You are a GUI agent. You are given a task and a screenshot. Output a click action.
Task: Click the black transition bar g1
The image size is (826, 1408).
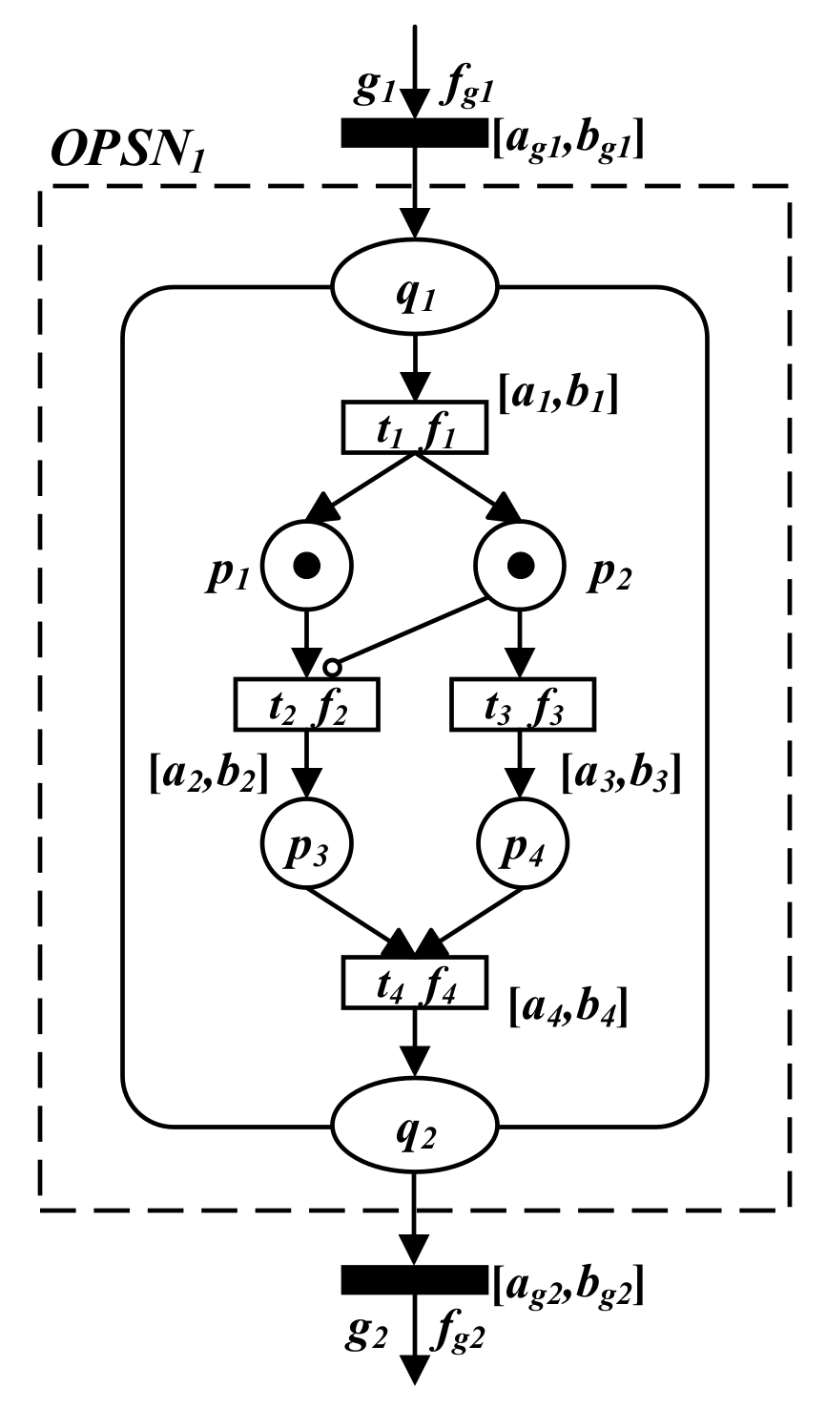click(x=414, y=134)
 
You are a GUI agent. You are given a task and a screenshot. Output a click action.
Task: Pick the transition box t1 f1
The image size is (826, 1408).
click(x=414, y=428)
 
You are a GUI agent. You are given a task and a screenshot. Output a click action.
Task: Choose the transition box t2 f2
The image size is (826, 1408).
click(x=306, y=703)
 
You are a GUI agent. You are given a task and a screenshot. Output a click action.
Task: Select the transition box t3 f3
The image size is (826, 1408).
click(x=521, y=703)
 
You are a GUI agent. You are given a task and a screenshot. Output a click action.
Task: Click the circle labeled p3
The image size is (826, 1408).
click(x=306, y=845)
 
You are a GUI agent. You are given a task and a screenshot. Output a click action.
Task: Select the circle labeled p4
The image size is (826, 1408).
click(x=521, y=845)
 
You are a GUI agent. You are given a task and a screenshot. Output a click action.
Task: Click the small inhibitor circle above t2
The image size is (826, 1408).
click(x=332, y=666)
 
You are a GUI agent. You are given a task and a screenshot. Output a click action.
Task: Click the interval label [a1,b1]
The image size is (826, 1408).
click(x=559, y=392)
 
